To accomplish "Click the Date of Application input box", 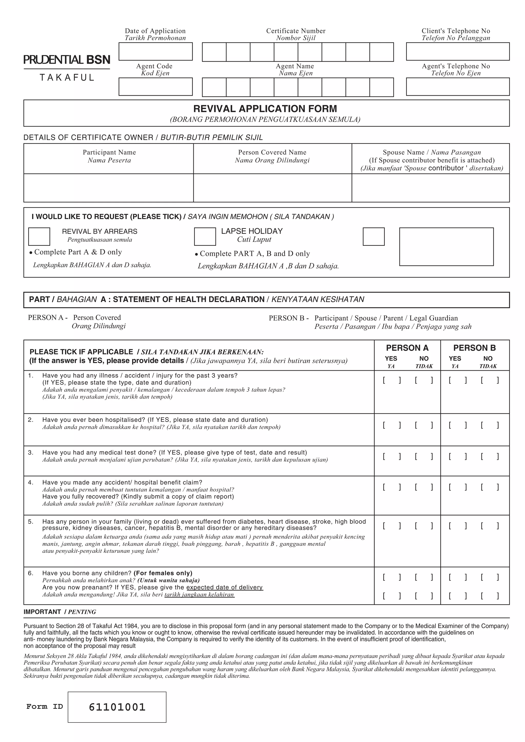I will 155,51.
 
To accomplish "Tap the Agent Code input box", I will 155,87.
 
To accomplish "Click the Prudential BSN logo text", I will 67,60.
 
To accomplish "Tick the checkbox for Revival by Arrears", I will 39,237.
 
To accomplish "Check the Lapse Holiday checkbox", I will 205,237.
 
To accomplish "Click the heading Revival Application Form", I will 265,109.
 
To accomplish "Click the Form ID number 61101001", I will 117,707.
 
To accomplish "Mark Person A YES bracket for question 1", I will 391,380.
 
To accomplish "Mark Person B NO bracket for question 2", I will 489,425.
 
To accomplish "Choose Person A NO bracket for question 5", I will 424,526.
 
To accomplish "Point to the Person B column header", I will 474,348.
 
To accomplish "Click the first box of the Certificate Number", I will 214,52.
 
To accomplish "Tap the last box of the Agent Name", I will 381,87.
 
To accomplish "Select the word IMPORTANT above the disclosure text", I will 42,612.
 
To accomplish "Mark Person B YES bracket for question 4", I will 457,487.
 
